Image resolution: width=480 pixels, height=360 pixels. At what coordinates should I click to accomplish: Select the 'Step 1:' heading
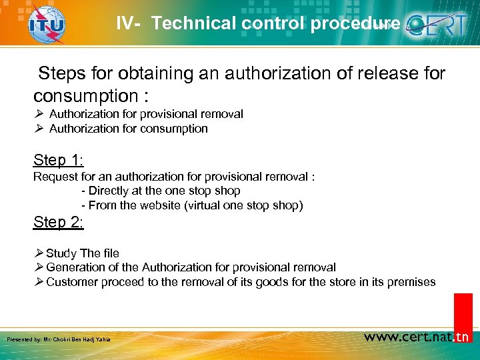(59, 160)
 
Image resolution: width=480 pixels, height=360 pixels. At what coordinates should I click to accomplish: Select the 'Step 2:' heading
(59, 222)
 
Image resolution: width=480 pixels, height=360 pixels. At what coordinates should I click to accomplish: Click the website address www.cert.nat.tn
(417, 337)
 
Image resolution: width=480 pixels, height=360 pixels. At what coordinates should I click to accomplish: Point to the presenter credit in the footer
(58, 340)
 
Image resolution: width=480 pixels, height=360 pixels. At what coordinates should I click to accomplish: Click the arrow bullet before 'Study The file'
(39, 253)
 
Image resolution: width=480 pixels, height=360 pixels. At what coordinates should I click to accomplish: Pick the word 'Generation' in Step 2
(76, 267)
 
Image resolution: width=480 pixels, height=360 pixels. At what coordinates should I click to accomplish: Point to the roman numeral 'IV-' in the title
(128, 24)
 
